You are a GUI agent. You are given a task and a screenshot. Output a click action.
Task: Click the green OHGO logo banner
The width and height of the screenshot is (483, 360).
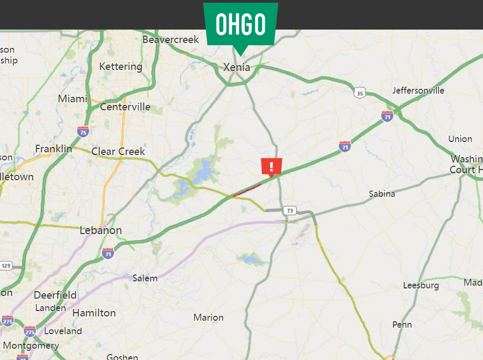[x=241, y=24]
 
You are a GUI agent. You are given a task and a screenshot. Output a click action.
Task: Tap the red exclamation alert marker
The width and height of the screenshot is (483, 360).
[x=271, y=167]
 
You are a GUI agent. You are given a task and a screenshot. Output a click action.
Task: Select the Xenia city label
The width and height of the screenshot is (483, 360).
[x=237, y=68]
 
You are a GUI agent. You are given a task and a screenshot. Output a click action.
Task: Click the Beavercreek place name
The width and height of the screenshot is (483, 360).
[x=171, y=39]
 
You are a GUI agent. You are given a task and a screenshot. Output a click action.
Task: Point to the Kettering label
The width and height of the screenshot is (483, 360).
[x=121, y=67]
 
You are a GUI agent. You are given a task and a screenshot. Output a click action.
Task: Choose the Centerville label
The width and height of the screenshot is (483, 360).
[x=125, y=107]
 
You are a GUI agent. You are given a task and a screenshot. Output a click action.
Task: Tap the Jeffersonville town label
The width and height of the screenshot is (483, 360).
[x=418, y=90]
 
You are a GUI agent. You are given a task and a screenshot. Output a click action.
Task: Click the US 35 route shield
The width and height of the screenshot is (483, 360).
[x=360, y=94]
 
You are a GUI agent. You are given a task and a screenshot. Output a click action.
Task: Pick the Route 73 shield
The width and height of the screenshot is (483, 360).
[x=290, y=210]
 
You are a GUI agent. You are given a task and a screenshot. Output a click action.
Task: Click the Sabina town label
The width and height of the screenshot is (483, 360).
[x=382, y=194]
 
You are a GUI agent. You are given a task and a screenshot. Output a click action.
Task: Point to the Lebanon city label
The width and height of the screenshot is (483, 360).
[x=101, y=230]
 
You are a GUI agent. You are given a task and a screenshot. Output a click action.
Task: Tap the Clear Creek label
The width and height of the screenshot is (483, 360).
[x=118, y=151]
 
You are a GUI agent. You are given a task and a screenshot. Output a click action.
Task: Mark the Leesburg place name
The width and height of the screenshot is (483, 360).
[x=421, y=286]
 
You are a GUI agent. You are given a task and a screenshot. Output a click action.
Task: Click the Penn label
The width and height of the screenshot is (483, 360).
[x=402, y=324]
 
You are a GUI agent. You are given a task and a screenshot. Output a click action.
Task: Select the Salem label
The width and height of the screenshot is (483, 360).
[x=145, y=278]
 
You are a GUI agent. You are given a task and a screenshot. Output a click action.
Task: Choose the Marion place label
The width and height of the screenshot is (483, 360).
[x=208, y=317]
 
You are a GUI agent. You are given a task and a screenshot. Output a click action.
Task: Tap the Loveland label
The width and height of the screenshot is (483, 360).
[x=63, y=331]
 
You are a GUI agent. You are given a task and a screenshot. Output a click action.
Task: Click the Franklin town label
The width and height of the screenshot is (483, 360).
[x=53, y=149]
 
